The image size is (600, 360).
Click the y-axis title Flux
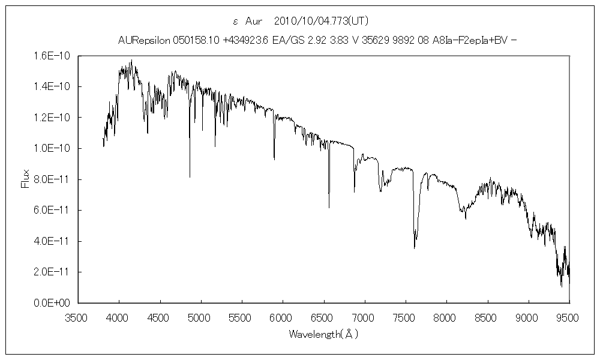[25, 179]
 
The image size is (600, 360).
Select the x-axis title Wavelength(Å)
[323, 334]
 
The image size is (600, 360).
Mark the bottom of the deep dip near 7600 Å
[414, 248]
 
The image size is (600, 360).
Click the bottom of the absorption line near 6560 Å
[329, 208]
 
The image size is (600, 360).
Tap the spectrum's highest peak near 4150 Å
[131, 60]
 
